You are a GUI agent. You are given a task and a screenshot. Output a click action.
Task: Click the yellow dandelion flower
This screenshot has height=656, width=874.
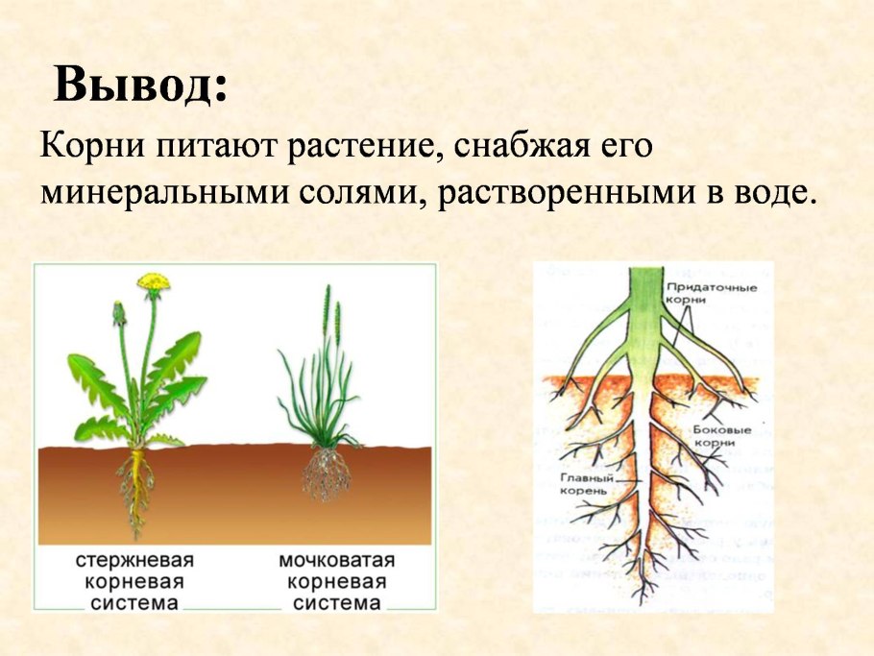click(153, 281)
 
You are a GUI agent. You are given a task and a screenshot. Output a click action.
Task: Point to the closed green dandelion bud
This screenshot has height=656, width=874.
click(119, 313)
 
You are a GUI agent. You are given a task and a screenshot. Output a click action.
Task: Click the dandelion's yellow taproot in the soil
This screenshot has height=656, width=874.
click(136, 485)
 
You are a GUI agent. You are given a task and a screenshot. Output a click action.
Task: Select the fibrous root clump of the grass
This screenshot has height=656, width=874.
click(327, 474)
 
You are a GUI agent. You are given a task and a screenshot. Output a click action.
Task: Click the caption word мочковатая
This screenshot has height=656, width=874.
click(337, 560)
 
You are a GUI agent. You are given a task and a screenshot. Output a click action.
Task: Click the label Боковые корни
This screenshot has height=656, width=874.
click(714, 436)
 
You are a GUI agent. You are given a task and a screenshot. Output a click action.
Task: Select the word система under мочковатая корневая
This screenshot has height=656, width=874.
click(337, 603)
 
